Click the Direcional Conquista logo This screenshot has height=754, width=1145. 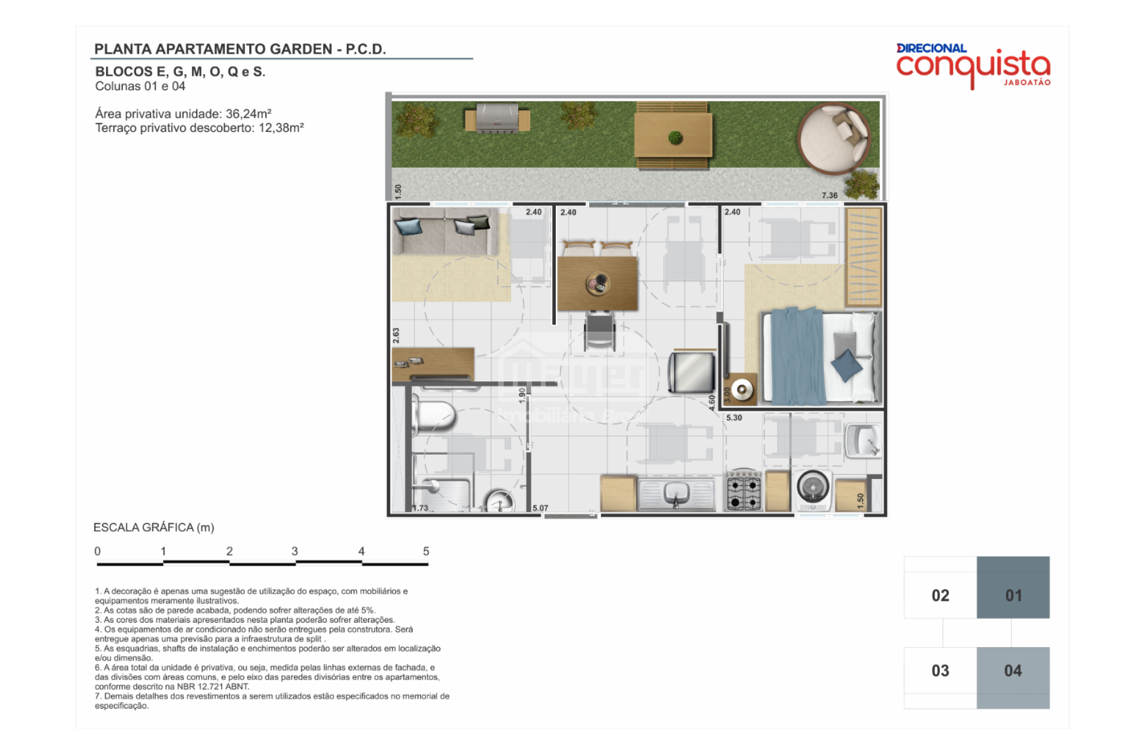click(973, 66)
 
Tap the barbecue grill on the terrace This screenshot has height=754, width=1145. click(497, 118)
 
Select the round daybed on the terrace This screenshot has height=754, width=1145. click(834, 138)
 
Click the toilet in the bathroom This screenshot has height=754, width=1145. click(434, 415)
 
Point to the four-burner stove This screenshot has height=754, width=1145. click(743, 490)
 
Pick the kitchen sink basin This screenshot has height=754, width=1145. click(676, 493)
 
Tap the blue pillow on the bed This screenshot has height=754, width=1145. click(846, 364)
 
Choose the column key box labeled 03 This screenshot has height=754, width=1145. click(940, 670)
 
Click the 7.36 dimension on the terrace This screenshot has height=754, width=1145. click(830, 195)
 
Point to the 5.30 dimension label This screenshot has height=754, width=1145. click(734, 418)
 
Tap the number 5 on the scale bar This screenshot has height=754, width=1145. click(426, 551)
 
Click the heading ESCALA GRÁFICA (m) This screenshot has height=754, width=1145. click(154, 527)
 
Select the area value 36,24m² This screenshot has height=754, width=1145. click(249, 113)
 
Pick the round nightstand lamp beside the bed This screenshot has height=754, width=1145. click(742, 390)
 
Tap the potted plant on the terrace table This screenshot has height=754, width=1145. click(675, 138)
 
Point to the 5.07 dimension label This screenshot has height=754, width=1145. click(540, 508)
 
